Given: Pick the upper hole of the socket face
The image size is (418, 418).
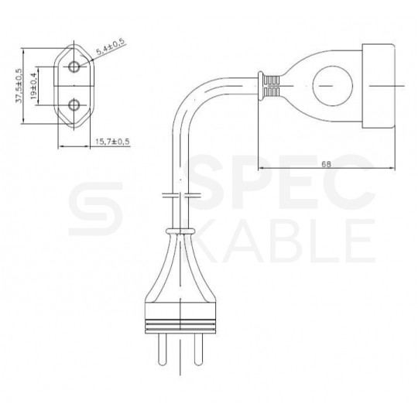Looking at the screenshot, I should [x=75, y=67].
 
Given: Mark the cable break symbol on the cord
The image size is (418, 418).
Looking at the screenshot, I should [x=180, y=194].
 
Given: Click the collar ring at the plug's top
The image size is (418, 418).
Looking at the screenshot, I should [x=180, y=230].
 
